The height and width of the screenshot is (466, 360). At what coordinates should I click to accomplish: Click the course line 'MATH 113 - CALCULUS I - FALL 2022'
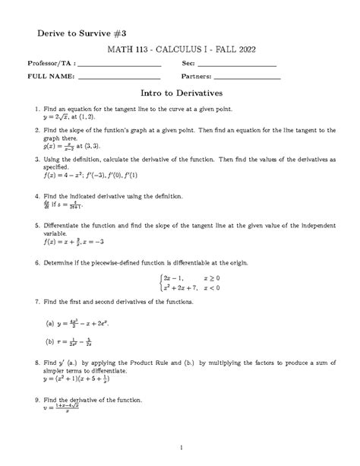(x=180, y=48)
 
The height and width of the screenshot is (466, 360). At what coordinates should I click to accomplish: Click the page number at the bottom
(x=180, y=447)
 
